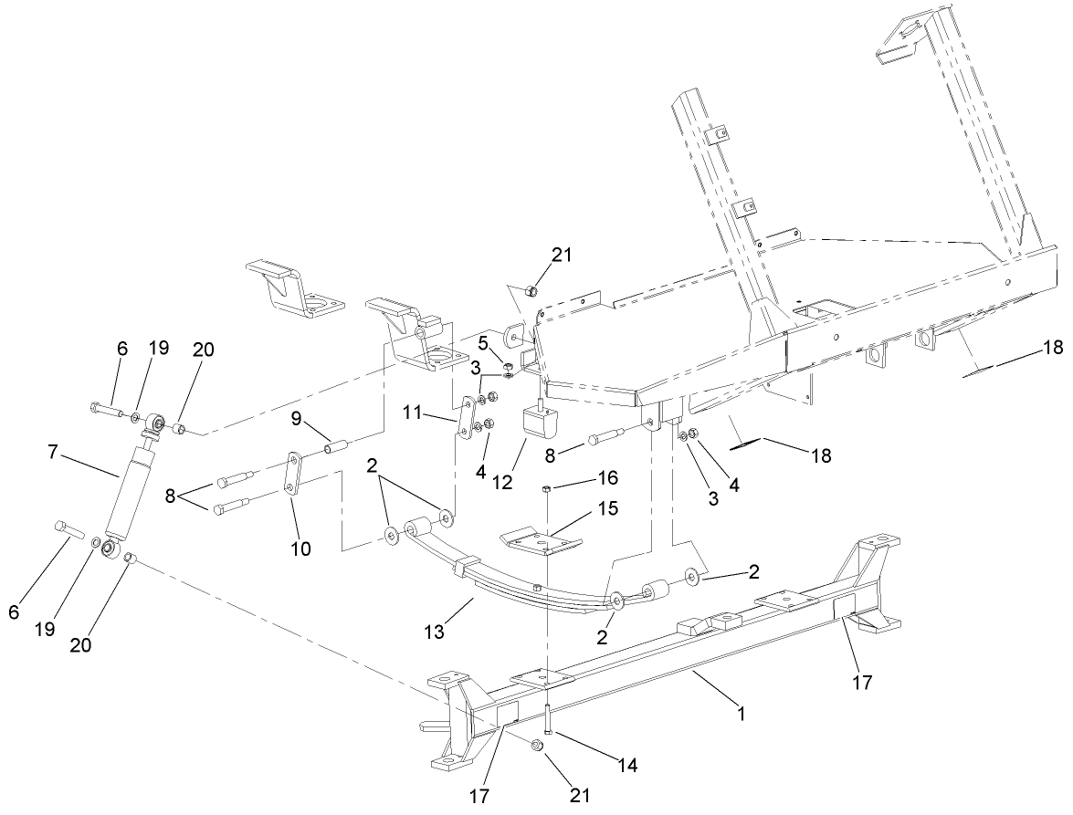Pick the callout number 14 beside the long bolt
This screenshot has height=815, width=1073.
[x=604, y=763]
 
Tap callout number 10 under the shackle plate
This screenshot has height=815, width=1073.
[x=300, y=549]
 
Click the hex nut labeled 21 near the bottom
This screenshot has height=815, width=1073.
[x=537, y=747]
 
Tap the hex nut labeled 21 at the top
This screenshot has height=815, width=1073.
[x=529, y=292]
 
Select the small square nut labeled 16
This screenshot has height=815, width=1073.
[x=545, y=490]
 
